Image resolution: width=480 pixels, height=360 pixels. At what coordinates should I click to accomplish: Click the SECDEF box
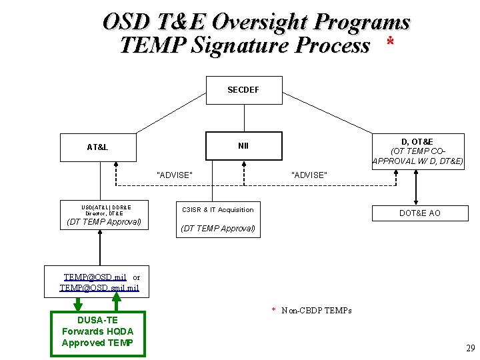coord(243,89)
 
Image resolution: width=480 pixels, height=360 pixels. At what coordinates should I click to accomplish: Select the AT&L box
coord(97,147)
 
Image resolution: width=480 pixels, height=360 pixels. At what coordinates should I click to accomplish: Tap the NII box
coord(243,146)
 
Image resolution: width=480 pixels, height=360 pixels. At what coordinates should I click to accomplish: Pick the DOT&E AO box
coord(419,213)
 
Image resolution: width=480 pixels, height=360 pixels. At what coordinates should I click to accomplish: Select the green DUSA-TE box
coord(97,331)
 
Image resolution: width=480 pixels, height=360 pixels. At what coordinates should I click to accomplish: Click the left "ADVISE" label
coord(174,175)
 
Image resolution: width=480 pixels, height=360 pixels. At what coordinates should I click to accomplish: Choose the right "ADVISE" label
coord(309,175)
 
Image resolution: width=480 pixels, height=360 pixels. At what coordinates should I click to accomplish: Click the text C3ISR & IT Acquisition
coord(218,210)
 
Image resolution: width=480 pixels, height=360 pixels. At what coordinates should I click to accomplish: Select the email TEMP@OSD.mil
coord(95,277)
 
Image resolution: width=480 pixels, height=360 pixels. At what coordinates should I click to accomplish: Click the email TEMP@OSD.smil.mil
coord(99,288)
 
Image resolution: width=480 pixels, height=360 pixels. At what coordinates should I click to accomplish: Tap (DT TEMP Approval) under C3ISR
coord(218,229)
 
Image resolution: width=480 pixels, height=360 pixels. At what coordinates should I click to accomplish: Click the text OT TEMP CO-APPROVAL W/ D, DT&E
coord(417,156)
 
